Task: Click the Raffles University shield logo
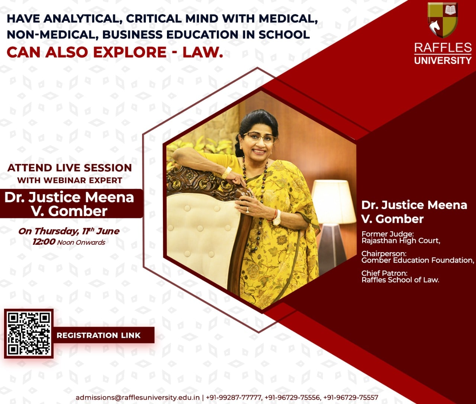point(443,20)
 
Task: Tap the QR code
point(29,333)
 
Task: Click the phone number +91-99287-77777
point(234,398)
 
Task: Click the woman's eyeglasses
point(260,137)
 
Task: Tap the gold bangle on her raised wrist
point(226,173)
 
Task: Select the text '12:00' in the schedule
point(44,241)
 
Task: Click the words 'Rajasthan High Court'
point(401,241)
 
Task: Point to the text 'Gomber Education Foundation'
point(417,260)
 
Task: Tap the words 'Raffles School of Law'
point(400,280)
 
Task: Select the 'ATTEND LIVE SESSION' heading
point(70,168)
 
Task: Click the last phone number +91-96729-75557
point(351,398)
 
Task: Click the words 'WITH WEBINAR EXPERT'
point(70,180)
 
